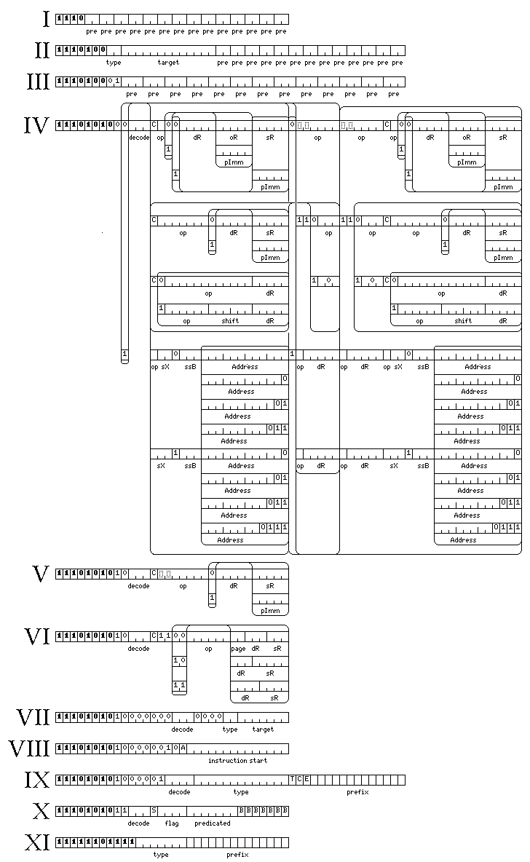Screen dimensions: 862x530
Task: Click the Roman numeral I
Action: [46, 18]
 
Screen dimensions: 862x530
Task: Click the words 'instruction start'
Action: [237, 761]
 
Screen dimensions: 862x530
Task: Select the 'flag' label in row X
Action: [172, 823]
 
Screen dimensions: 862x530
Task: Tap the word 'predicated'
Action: [212, 823]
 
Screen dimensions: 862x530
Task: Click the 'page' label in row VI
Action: [238, 649]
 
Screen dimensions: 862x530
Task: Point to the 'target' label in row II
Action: [168, 63]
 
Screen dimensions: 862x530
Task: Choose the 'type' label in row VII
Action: [230, 729]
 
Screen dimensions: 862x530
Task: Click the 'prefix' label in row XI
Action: [237, 855]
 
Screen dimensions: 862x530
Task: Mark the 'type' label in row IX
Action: [241, 792]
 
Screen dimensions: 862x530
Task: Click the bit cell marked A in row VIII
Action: [183, 748]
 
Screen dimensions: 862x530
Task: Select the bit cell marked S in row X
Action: [154, 811]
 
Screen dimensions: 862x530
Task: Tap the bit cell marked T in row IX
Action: [292, 780]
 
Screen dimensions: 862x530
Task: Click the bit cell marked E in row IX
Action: [306, 780]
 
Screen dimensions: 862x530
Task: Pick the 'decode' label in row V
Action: [139, 586]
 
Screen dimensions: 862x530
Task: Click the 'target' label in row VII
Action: [263, 729]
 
